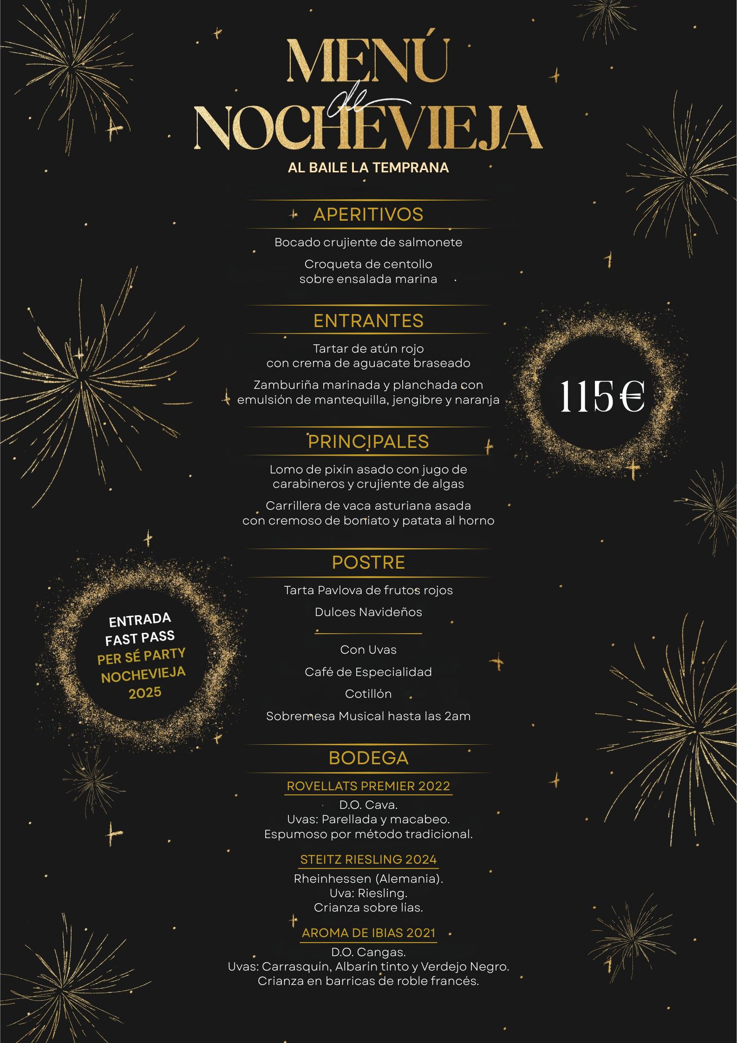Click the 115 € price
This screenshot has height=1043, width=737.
pyautogui.click(x=601, y=396)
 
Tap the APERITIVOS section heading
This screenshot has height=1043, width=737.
pyautogui.click(x=368, y=215)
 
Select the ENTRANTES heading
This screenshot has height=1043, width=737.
pyautogui.click(x=368, y=321)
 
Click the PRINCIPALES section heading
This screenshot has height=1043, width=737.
pyautogui.click(x=368, y=441)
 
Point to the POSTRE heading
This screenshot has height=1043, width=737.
pyautogui.click(x=368, y=562)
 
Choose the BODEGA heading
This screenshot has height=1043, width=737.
pyautogui.click(x=368, y=758)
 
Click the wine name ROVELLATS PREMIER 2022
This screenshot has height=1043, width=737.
pyautogui.click(x=368, y=786)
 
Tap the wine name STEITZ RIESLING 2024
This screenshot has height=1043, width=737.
pyautogui.click(x=368, y=859)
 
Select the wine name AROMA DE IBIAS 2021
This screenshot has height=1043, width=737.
pyautogui.click(x=368, y=932)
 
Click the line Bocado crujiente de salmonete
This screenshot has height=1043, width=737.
pyautogui.click(x=368, y=243)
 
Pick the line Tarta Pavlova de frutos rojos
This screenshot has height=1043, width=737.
pyautogui.click(x=368, y=590)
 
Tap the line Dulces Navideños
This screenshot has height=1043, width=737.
pyautogui.click(x=368, y=612)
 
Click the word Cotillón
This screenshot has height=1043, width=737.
pyautogui.click(x=368, y=694)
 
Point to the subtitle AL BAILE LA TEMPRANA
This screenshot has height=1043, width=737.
pyautogui.click(x=368, y=167)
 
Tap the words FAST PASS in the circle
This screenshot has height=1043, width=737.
pyautogui.click(x=140, y=638)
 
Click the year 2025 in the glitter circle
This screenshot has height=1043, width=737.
pyautogui.click(x=145, y=693)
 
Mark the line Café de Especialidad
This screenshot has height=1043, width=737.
pyautogui.click(x=368, y=672)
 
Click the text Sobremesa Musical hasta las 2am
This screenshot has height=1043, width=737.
pyautogui.click(x=368, y=716)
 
